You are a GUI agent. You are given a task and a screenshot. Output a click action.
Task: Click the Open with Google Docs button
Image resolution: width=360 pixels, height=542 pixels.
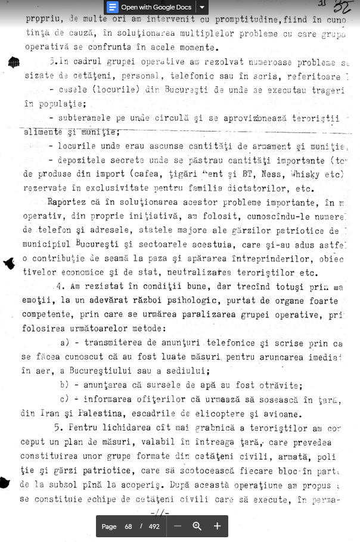[x=150, y=7]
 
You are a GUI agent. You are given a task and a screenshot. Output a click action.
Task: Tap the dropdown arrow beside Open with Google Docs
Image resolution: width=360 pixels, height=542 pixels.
[x=202, y=7]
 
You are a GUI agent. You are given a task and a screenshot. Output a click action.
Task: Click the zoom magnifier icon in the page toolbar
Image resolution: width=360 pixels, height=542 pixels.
[x=197, y=526]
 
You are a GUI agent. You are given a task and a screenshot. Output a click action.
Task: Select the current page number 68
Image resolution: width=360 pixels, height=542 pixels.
[x=128, y=527]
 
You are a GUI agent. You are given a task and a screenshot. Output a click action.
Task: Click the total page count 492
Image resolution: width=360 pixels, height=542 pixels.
[x=154, y=527]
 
